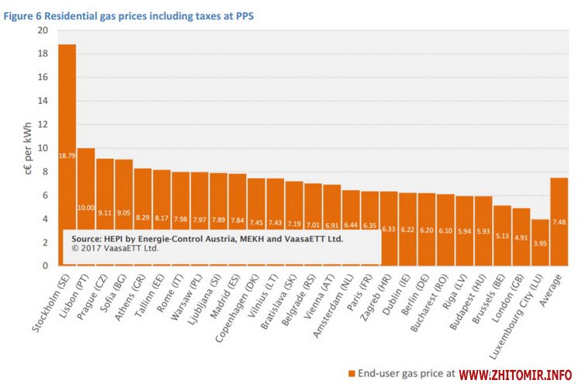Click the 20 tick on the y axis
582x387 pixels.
[x=42, y=30]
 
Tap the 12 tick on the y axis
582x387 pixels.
[x=42, y=125]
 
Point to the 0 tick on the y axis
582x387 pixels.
[x=45, y=266]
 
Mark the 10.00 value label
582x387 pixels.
[x=85, y=207]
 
